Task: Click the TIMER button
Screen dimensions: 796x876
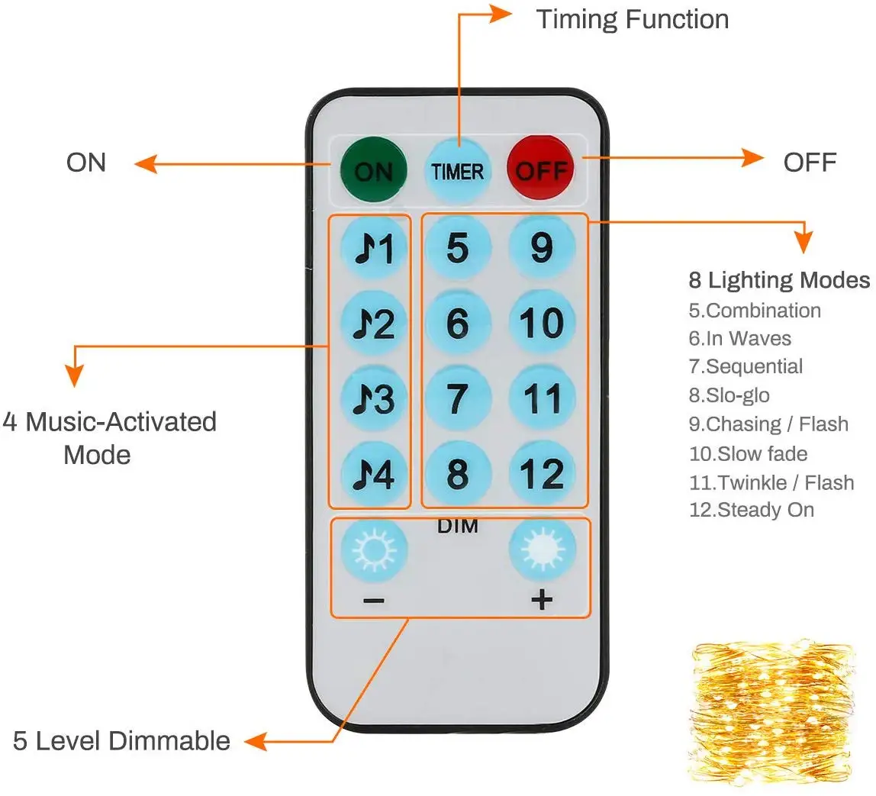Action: (x=458, y=169)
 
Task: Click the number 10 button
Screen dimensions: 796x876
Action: (x=542, y=322)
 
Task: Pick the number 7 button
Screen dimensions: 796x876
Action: (x=458, y=398)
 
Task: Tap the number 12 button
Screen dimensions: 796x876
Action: (x=542, y=474)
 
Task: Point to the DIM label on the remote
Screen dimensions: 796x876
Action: (x=458, y=526)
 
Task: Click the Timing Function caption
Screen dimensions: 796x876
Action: (x=633, y=19)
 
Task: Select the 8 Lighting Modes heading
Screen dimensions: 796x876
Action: (x=779, y=280)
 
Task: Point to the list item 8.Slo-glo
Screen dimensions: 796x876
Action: (x=729, y=395)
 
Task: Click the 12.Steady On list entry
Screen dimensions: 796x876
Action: (x=752, y=510)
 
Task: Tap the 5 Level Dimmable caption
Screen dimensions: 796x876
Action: (x=121, y=740)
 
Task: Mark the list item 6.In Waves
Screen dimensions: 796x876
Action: (x=739, y=338)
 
